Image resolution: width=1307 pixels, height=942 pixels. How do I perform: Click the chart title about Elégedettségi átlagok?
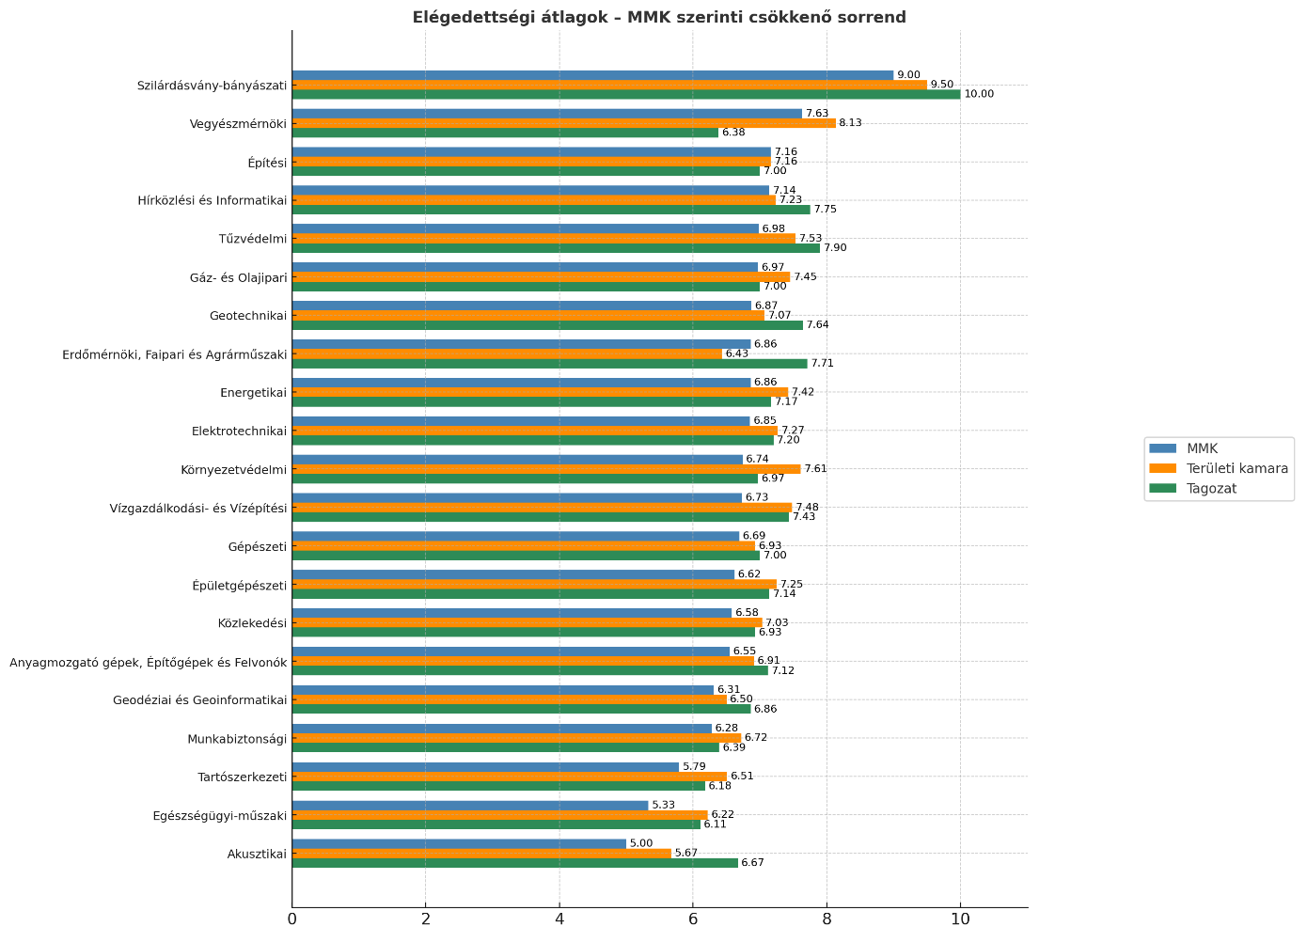[x=659, y=17]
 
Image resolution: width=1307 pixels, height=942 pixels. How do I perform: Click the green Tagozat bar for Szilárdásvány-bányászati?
[x=626, y=94]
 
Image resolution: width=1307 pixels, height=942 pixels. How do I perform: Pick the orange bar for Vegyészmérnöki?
[x=563, y=123]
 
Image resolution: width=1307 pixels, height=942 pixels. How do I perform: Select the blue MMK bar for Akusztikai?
[x=459, y=844]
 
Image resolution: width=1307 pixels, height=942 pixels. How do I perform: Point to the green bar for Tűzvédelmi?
[x=556, y=248]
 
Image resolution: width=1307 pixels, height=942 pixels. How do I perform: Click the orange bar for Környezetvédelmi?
[x=546, y=469]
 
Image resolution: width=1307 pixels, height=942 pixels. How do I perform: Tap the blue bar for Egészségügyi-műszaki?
[x=470, y=806]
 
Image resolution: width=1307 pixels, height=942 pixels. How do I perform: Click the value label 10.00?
[x=979, y=94]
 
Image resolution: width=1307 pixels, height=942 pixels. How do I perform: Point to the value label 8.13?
[x=850, y=123]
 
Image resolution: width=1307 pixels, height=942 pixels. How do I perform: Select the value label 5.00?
[x=641, y=844]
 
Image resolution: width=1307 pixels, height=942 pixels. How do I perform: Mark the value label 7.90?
[x=835, y=248]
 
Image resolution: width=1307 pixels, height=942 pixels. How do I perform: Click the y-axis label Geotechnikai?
[x=247, y=316]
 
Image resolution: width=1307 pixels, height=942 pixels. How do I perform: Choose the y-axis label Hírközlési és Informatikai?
[x=212, y=200]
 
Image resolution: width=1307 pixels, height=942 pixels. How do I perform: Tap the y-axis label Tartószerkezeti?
[x=242, y=777]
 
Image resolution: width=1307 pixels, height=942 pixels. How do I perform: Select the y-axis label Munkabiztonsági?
[x=236, y=739]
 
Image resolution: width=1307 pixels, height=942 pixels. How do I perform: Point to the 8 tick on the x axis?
[x=827, y=918]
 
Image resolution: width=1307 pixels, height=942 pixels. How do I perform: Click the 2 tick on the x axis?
[x=425, y=918]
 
